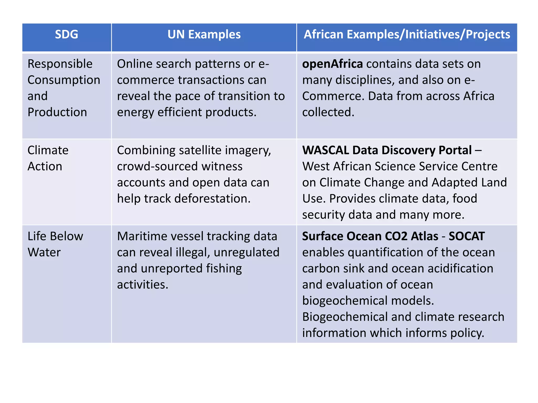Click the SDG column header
[66, 34]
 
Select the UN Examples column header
[204, 34]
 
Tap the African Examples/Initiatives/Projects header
[407, 34]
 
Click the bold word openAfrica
[332, 64]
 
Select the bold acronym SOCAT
[467, 236]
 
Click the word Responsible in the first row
[60, 64]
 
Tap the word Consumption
[64, 80]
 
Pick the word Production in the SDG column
[57, 112]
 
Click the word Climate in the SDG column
[48, 150]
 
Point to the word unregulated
[246, 252]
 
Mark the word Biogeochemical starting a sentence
[345, 317]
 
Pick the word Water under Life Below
[44, 252]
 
